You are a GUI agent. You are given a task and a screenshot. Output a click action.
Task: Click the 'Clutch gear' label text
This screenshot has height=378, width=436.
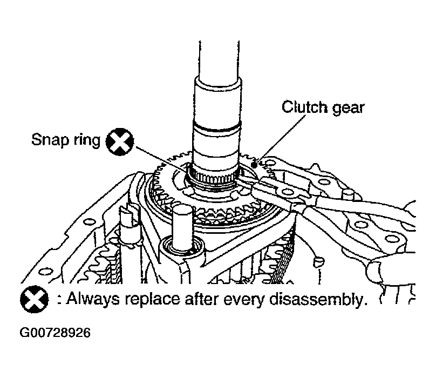click(323, 107)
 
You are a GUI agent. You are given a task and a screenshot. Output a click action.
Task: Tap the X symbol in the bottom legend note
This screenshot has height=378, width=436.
click(33, 299)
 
